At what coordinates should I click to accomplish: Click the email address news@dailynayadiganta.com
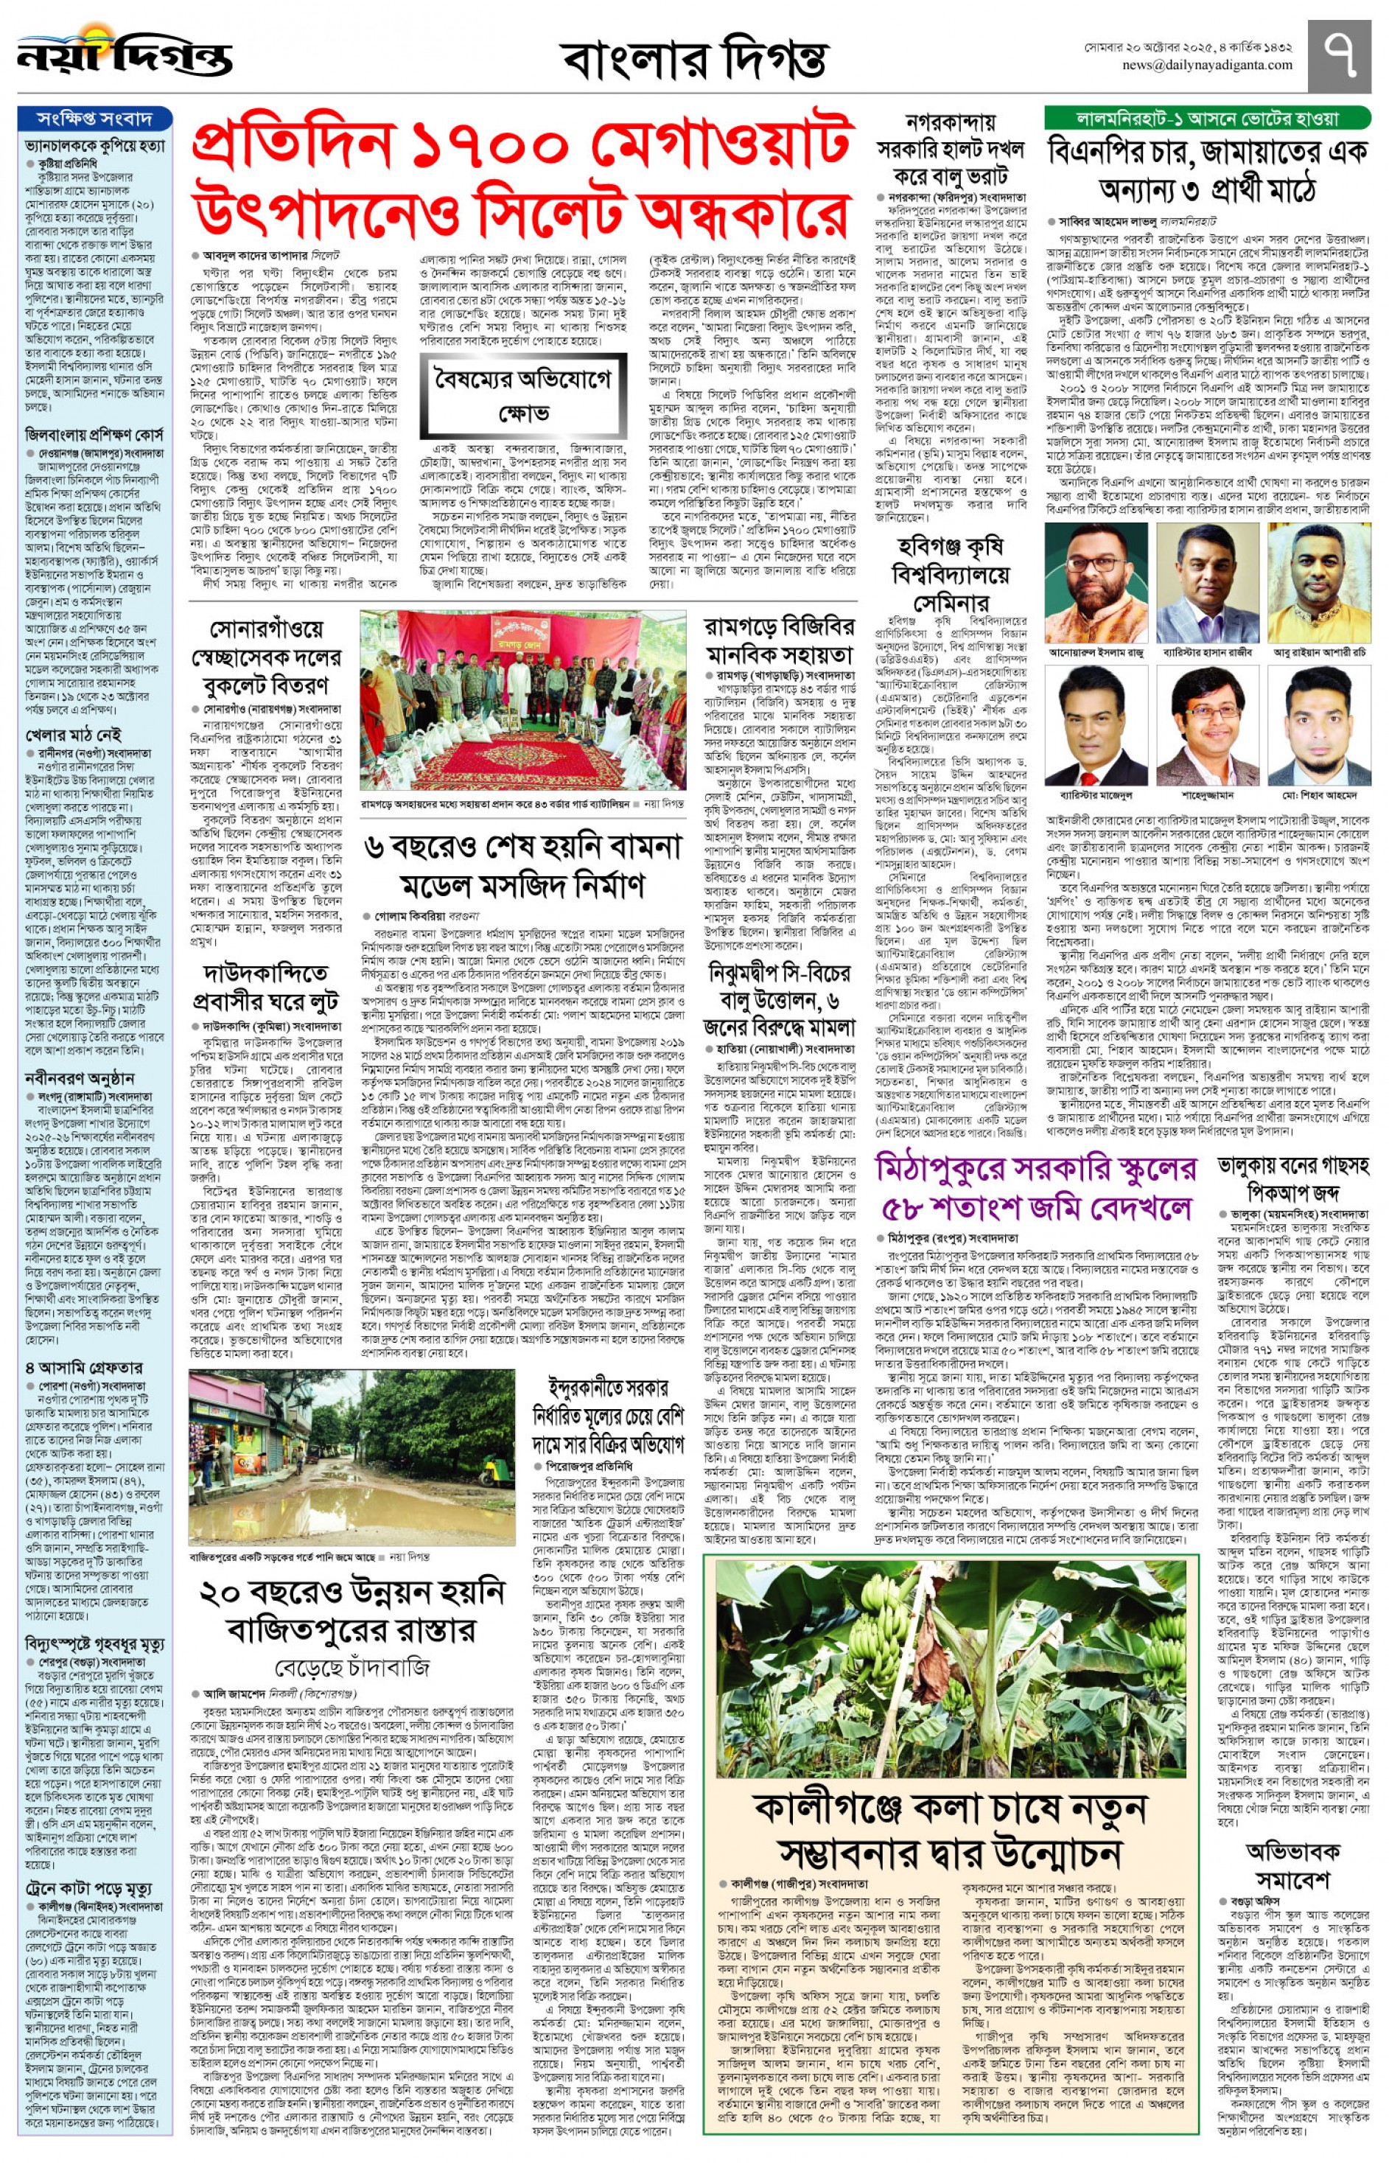tap(1207, 65)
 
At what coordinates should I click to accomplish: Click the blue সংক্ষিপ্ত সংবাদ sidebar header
tap(94, 118)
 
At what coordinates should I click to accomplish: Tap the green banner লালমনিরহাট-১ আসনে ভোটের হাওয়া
tap(1208, 118)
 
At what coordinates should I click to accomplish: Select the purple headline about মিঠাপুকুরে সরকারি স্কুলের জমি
tap(1035, 1188)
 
